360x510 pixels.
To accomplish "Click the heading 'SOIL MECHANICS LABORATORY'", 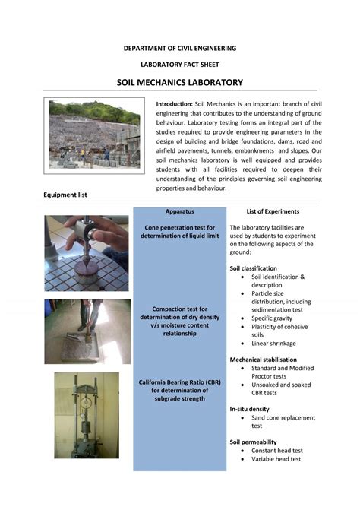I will [179, 82].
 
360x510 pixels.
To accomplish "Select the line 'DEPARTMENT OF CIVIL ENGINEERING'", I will [180, 48].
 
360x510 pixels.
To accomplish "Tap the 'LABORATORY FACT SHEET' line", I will [180, 65].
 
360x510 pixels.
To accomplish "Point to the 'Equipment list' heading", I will [65, 195].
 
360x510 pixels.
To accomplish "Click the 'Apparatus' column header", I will [179, 211].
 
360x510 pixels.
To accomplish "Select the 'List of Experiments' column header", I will [273, 211].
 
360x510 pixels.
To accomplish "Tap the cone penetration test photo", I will [86, 253].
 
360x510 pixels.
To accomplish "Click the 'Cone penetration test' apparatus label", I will [179, 232].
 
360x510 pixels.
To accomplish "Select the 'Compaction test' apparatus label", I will [179, 321].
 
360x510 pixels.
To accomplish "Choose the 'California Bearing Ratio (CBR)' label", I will [179, 389].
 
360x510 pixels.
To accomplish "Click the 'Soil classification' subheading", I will [253, 268].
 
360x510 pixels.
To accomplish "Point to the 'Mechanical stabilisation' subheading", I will [263, 359].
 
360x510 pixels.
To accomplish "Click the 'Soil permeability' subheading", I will [253, 442].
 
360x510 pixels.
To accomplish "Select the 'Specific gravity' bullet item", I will [274, 318].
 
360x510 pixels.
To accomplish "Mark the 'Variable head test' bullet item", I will [276, 459].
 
